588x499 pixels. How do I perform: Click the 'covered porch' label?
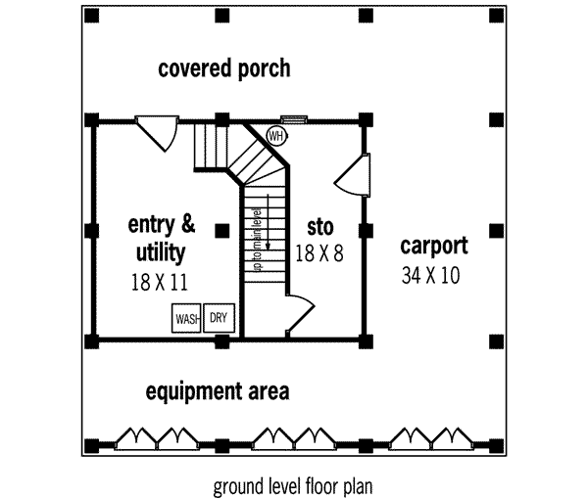coord(224,68)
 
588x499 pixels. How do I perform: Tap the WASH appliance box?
coord(187,318)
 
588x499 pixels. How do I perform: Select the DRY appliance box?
coord(219,318)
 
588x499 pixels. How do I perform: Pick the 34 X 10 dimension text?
coord(430,276)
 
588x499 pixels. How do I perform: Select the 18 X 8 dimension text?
coord(319,253)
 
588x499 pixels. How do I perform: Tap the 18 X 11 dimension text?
coord(159,282)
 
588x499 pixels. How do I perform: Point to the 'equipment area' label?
coord(218,392)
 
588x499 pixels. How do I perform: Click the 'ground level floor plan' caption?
coord(293,484)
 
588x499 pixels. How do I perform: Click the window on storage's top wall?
coord(294,120)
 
